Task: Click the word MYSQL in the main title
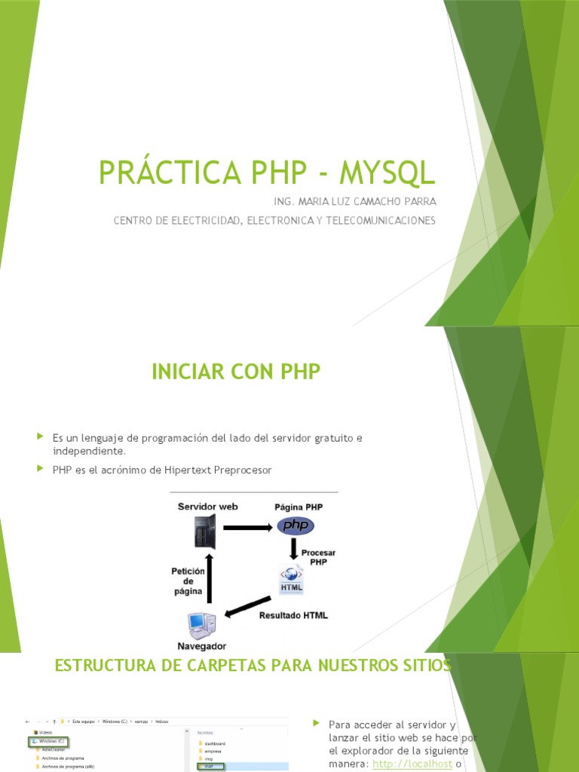pyautogui.click(x=388, y=172)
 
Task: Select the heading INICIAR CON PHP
pyautogui.click(x=236, y=372)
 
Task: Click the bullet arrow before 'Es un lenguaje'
pyautogui.click(x=41, y=437)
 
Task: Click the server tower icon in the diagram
pyautogui.click(x=204, y=532)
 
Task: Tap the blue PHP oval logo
pyautogui.click(x=295, y=526)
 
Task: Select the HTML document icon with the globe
pyautogui.click(x=292, y=579)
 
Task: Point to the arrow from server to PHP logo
pyautogui.click(x=245, y=527)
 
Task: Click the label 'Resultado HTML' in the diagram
pyautogui.click(x=293, y=615)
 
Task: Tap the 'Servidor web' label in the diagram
pyautogui.click(x=207, y=507)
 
